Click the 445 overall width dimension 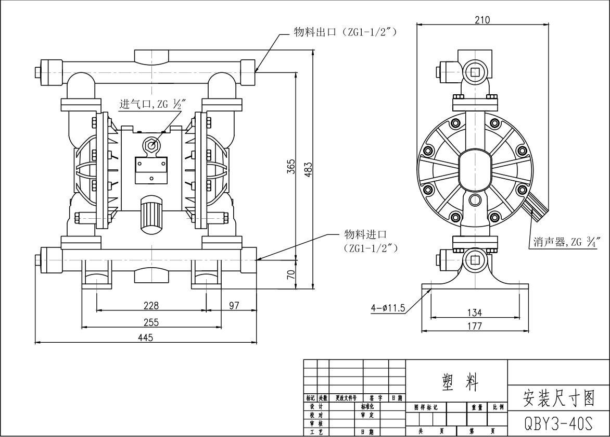point(145,338)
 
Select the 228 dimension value point(151,305)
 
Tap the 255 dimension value point(151,322)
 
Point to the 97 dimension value point(234,305)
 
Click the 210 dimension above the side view point(482,20)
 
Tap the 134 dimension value point(474,313)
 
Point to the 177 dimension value point(474,326)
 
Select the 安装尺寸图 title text point(558,399)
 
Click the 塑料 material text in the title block point(456,383)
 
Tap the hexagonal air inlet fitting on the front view point(151,145)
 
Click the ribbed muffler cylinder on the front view point(151,214)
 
